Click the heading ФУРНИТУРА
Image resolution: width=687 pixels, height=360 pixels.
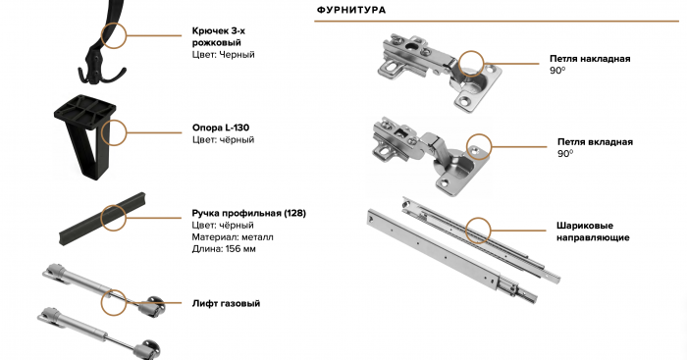[x=351, y=10]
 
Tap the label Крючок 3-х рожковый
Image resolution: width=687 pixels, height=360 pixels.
[x=219, y=37]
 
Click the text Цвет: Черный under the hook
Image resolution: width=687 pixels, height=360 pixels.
[x=223, y=55]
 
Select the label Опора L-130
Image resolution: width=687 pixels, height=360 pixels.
[x=221, y=128]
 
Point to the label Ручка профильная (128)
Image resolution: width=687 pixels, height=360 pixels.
[x=249, y=213]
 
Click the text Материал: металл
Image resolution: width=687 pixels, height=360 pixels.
[x=233, y=237]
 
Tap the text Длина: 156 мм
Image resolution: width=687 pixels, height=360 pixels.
[x=224, y=249]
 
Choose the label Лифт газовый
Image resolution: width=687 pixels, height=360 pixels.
[x=226, y=303]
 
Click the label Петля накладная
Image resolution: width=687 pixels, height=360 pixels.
[x=590, y=59]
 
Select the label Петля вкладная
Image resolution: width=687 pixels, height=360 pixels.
[x=595, y=142]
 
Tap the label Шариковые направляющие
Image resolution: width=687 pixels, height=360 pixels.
[x=593, y=231]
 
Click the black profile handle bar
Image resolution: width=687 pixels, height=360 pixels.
[x=102, y=218]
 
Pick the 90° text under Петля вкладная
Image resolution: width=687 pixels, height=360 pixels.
[x=565, y=154]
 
